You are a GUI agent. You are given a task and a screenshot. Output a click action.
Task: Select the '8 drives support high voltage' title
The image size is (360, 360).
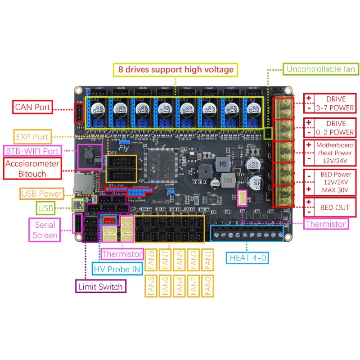[175, 69]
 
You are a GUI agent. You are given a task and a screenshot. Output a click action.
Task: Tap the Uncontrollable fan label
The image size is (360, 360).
[321, 69]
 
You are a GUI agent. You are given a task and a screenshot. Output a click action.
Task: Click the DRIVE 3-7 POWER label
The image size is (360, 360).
[336, 103]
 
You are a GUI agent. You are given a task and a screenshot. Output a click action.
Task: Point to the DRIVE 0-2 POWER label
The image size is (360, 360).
[336, 128]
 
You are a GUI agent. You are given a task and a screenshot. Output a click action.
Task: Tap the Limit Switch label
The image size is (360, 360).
[99, 286]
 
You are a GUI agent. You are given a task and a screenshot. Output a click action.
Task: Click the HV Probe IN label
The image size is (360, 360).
[117, 269]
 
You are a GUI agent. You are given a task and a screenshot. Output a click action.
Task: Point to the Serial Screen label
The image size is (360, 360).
[45, 230]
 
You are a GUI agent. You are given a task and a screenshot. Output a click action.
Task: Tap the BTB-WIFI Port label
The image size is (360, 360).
[32, 151]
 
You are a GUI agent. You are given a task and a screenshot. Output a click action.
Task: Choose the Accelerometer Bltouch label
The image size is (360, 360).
[32, 169]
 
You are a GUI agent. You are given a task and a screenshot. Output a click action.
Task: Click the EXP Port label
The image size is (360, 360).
[32, 136]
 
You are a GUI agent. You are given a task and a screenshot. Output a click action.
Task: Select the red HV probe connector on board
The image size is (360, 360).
[108, 220]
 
